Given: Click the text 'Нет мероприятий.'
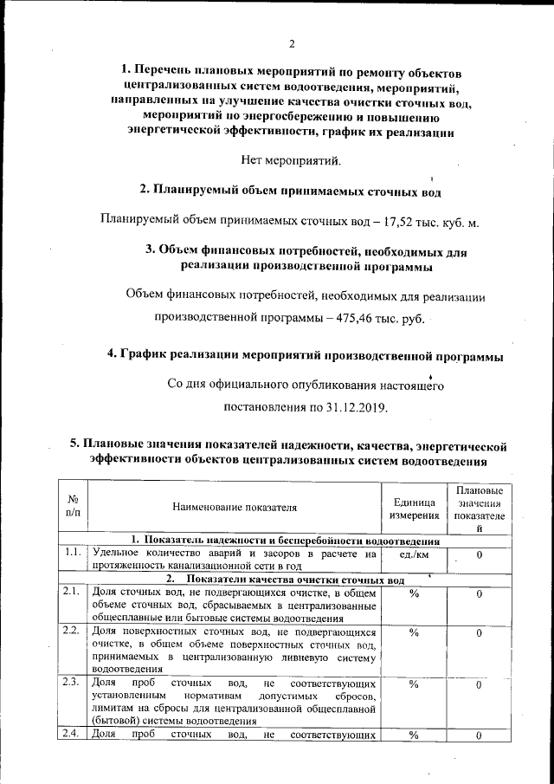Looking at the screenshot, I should (x=292, y=159).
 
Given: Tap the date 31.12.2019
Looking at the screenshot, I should (x=356, y=406).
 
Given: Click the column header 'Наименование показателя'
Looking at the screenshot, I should (x=234, y=507).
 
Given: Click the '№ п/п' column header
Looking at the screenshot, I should (x=73, y=507).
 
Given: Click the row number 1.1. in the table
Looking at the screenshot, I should (x=73, y=552).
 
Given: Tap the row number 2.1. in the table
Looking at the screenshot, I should (x=73, y=593).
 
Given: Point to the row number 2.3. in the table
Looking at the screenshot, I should (x=73, y=683).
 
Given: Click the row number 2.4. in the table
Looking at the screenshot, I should (x=73, y=735).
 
